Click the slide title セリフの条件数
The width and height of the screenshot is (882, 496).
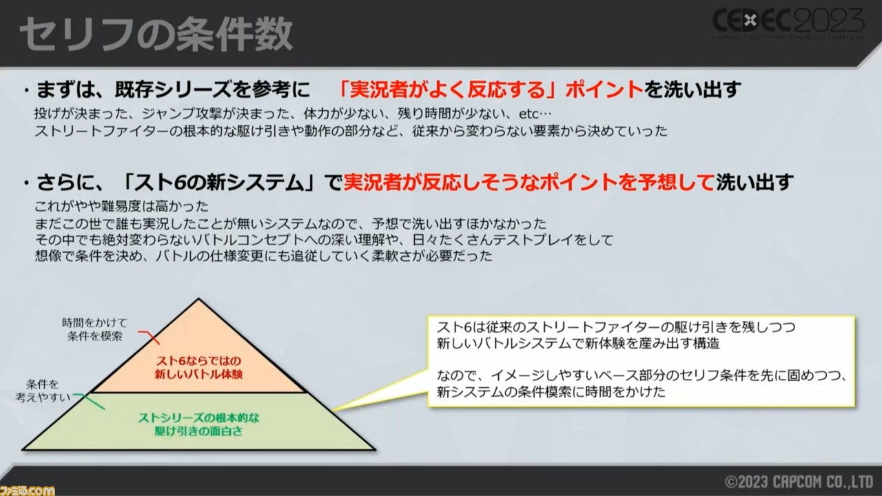(156, 34)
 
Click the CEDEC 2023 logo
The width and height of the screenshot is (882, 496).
(788, 23)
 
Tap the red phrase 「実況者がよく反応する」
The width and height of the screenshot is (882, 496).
(451, 90)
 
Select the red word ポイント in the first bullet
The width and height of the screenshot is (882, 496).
(604, 90)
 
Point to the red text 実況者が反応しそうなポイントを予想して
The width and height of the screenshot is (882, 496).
(529, 183)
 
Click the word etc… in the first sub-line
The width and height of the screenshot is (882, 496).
(535, 114)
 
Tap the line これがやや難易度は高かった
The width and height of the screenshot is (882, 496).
(121, 206)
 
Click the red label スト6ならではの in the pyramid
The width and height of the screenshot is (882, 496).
(198, 360)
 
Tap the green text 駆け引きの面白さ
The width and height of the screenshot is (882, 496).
(198, 431)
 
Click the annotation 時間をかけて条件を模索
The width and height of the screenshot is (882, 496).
(94, 329)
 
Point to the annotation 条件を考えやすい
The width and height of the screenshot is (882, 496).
(43, 391)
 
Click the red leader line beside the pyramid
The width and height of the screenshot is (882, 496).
(150, 337)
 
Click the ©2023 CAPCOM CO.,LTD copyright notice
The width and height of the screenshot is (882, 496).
(799, 482)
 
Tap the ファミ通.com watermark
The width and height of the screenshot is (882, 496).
(28, 490)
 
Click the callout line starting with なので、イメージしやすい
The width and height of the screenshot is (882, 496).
(642, 375)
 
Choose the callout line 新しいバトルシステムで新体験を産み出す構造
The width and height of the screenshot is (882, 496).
(578, 344)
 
